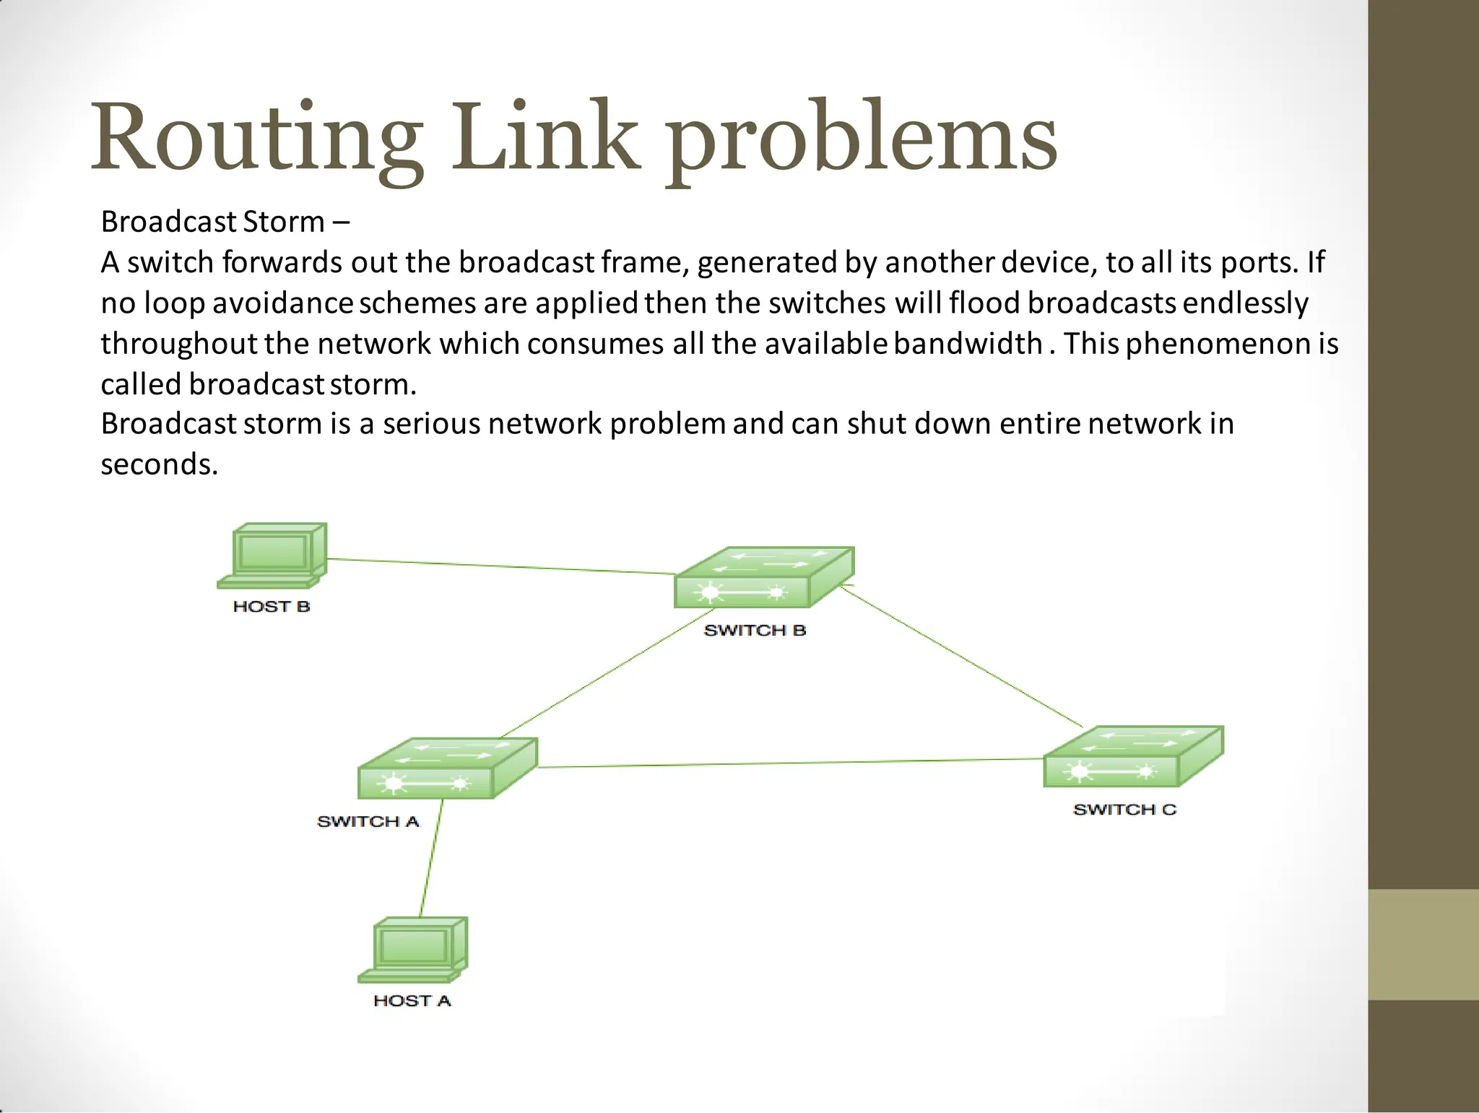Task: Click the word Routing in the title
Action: pos(256,137)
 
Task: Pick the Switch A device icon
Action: pos(448,768)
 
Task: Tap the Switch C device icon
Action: pos(1133,757)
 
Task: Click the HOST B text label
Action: pos(272,607)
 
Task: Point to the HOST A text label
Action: pos(412,1001)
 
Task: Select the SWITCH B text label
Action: pos(755,631)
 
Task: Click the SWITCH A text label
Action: pos(368,822)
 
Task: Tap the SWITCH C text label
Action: pos(1124,810)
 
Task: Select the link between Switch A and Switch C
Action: pos(791,763)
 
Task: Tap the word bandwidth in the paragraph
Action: pos(967,344)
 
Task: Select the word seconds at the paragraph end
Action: pos(159,464)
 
